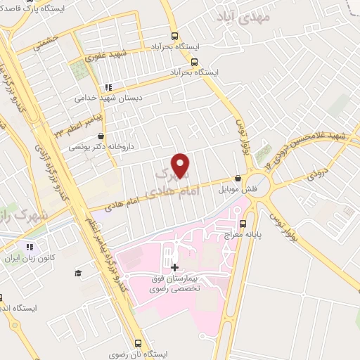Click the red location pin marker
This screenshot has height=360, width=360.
click(x=181, y=166)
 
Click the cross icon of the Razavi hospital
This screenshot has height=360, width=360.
click(x=174, y=267)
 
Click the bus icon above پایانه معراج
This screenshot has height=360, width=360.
click(x=243, y=225)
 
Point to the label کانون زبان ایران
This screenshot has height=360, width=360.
click(x=29, y=259)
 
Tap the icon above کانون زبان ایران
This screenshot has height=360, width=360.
click(x=30, y=247)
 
